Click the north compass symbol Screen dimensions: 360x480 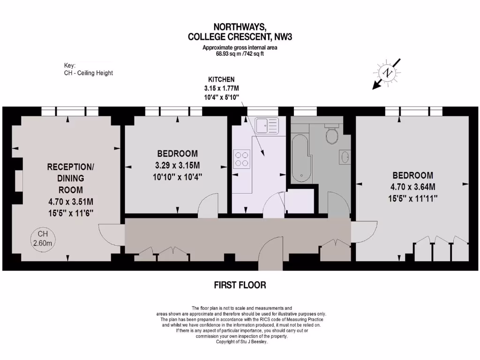pyautogui.click(x=388, y=73)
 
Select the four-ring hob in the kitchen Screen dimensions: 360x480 pyautogui.click(x=242, y=158)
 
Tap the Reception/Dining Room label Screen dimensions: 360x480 pyautogui.click(x=70, y=178)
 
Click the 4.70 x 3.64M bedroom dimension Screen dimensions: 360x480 pyautogui.click(x=412, y=187)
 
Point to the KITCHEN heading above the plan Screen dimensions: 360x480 pyautogui.click(x=221, y=80)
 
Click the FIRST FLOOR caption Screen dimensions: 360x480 pyautogui.click(x=240, y=285)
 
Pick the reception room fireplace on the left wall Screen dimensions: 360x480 pyautogui.click(x=19, y=180)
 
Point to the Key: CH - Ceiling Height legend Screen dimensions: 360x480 pyautogui.click(x=88, y=69)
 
